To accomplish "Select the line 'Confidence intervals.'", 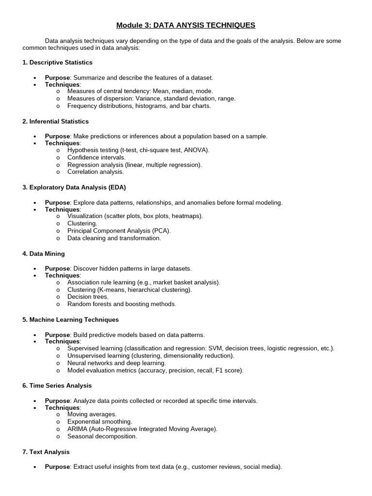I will pos(96,157).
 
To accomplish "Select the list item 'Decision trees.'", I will pos(88,297).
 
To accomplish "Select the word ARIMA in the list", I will pos(77,429).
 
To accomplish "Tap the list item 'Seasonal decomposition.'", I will pos(102,436).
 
